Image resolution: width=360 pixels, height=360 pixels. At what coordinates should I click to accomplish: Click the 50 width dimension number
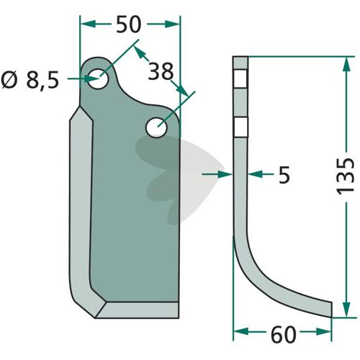tap(128, 24)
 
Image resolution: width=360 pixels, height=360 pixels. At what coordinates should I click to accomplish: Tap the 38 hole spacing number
tap(161, 71)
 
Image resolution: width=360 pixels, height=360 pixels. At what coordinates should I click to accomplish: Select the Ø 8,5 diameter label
tap(30, 80)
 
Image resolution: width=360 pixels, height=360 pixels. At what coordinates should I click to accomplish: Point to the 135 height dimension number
tap(346, 176)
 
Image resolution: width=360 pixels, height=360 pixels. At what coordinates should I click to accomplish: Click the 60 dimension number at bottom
tap(284, 335)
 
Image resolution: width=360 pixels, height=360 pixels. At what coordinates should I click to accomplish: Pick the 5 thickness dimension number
tap(284, 174)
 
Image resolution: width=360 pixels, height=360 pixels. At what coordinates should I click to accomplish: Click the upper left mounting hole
tap(98, 78)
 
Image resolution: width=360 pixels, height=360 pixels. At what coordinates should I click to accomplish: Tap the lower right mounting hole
tap(156, 127)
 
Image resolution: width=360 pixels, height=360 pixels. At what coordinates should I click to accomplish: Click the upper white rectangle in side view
tap(240, 78)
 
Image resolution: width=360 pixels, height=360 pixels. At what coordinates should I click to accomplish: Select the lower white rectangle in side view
tap(240, 127)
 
